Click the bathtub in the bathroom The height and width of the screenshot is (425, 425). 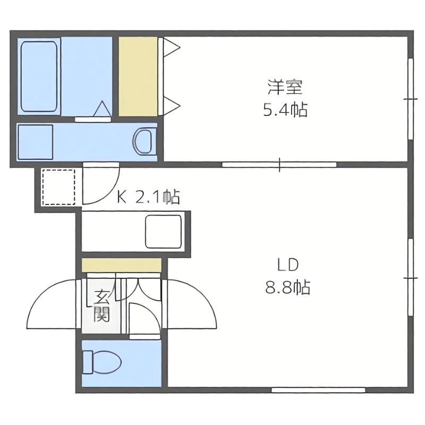(x=39, y=75)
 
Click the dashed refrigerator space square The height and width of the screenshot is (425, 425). (x=58, y=186)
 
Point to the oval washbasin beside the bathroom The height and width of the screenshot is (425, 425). (x=143, y=141)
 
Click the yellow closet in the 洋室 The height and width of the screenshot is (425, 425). (x=138, y=75)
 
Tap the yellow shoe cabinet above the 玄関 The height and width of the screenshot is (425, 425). (x=121, y=265)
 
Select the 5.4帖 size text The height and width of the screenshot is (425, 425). (x=285, y=110)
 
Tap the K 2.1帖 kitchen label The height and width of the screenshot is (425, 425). (x=149, y=198)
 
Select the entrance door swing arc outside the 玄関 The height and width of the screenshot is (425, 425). (x=50, y=305)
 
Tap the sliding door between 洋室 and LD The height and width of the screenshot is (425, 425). (x=279, y=164)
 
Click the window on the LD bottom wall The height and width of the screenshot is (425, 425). (x=318, y=390)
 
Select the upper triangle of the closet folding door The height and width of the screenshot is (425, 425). (x=171, y=48)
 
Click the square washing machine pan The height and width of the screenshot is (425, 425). (x=35, y=142)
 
